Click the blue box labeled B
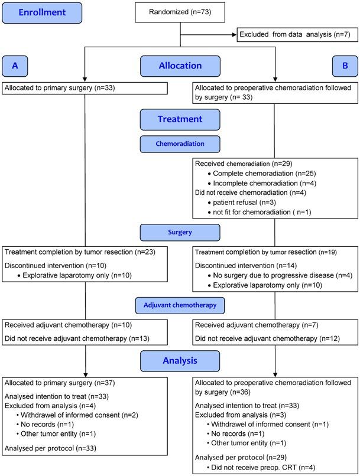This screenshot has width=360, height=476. (x=345, y=66)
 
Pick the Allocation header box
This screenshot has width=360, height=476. (x=180, y=66)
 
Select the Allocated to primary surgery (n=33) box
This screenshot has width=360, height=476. (x=84, y=89)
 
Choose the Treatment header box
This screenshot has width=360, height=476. (x=180, y=119)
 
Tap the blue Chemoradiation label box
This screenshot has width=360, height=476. (x=180, y=144)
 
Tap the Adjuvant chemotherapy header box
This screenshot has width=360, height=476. (x=180, y=305)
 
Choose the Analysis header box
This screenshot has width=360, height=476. (x=180, y=360)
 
